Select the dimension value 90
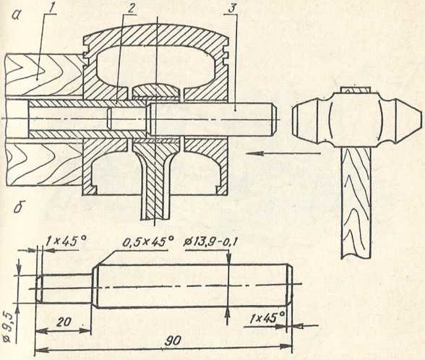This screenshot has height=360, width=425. point(172,340)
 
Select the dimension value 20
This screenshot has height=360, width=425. point(64,322)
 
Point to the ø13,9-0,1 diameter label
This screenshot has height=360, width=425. point(210,241)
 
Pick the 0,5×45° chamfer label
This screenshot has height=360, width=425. point(147,241)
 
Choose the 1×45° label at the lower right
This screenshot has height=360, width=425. point(267,317)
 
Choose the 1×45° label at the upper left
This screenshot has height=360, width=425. point(66,241)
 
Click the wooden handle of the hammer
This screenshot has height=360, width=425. point(356,202)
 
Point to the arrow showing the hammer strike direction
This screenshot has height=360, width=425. point(283,153)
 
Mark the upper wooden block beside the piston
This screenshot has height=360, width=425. point(44,75)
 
